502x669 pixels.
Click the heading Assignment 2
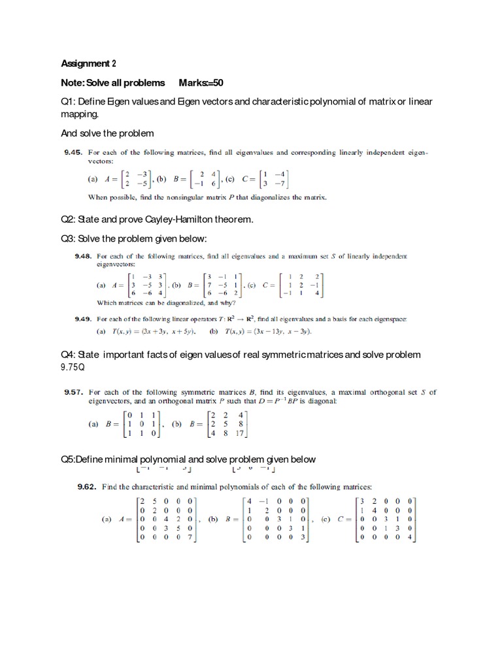[x=88, y=63]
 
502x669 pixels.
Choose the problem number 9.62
[x=87, y=487]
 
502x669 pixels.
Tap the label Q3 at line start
[x=67, y=238]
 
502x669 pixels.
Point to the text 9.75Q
[x=73, y=367]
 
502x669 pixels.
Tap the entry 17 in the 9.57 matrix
[x=240, y=432]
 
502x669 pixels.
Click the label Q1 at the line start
[x=67, y=102]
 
